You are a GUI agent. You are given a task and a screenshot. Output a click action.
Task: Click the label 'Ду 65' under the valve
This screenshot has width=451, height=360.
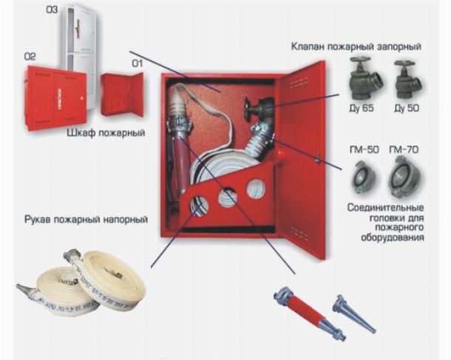[x=362, y=108]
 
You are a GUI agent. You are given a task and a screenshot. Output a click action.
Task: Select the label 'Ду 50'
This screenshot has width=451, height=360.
[x=407, y=108]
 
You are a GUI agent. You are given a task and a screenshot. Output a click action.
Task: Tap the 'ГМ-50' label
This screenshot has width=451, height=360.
[x=364, y=149]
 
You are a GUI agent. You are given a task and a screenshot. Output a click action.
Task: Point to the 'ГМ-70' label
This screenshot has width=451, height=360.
[x=404, y=149]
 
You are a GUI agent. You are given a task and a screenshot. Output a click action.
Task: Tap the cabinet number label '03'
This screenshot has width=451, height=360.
[x=52, y=10]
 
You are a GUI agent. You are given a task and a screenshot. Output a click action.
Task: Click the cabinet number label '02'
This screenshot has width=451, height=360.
[x=30, y=57]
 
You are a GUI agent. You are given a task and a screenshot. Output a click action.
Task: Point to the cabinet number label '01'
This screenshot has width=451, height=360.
[x=138, y=64]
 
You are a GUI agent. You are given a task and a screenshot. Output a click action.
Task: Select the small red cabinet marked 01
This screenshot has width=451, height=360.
[x=122, y=95]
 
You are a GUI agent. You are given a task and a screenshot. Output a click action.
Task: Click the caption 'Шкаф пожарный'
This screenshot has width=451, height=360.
[x=106, y=133]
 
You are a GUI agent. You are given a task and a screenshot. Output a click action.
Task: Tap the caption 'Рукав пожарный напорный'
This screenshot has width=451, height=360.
[x=86, y=220]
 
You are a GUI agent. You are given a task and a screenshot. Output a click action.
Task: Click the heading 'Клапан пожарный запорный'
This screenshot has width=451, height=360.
[x=356, y=47]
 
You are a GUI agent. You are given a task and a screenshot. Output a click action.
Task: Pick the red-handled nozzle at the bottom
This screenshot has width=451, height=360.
[x=310, y=313]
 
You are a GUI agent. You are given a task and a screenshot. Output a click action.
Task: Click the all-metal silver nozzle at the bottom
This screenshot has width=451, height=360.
[x=354, y=314]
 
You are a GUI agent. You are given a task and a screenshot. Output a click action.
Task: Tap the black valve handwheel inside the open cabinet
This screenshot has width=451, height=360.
[x=247, y=109]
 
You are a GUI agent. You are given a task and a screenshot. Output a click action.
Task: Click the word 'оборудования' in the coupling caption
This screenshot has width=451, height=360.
[x=393, y=238]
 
